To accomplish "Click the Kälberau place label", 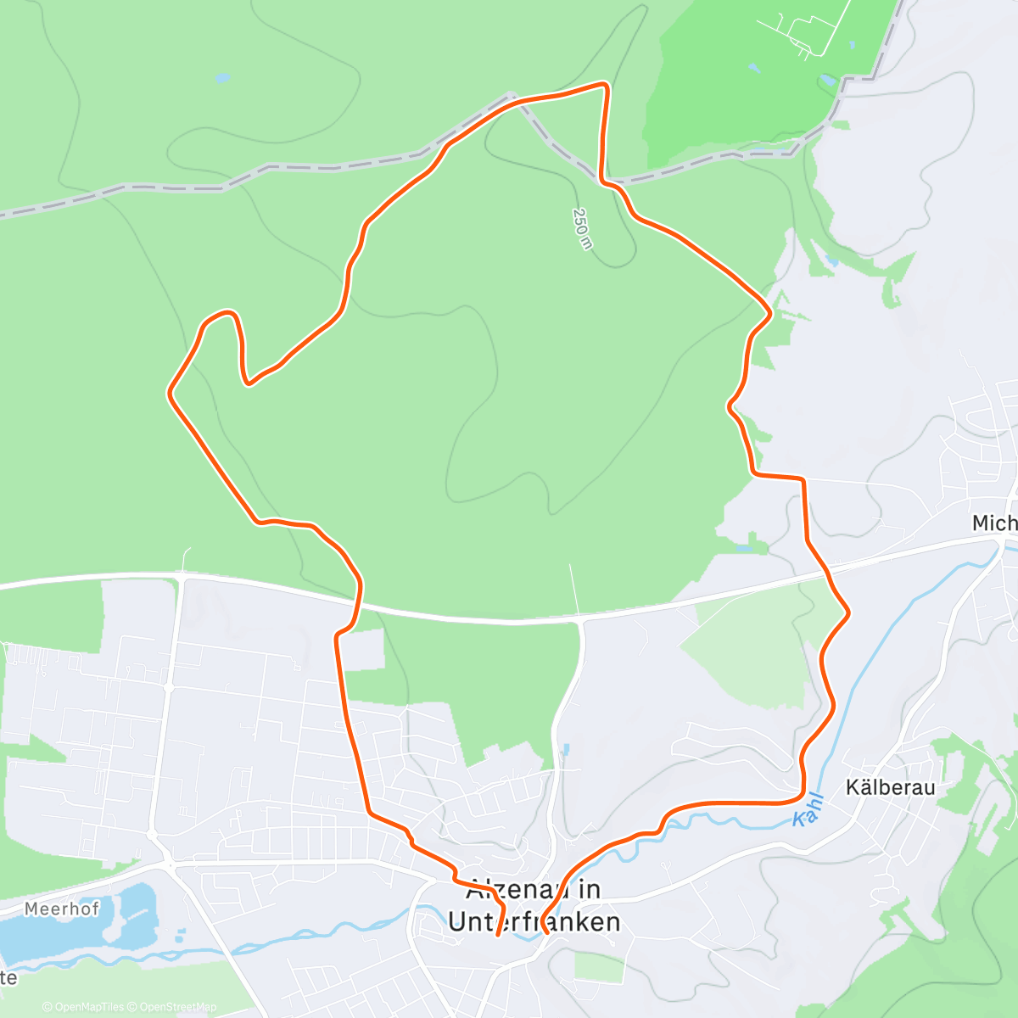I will (890, 787).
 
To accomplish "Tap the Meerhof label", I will (61, 909).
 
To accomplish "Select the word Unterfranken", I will (534, 922).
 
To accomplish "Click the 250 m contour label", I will (582, 228).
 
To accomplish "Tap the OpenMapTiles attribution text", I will (83, 1007).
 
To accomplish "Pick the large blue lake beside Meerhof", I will (76, 929).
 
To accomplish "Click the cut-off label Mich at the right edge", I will (994, 523).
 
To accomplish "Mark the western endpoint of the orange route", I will (496, 935).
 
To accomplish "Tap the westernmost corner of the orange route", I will (170, 393).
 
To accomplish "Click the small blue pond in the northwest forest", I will (222, 78).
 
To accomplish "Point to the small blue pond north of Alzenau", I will (566, 750).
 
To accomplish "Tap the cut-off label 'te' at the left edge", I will (8, 978).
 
